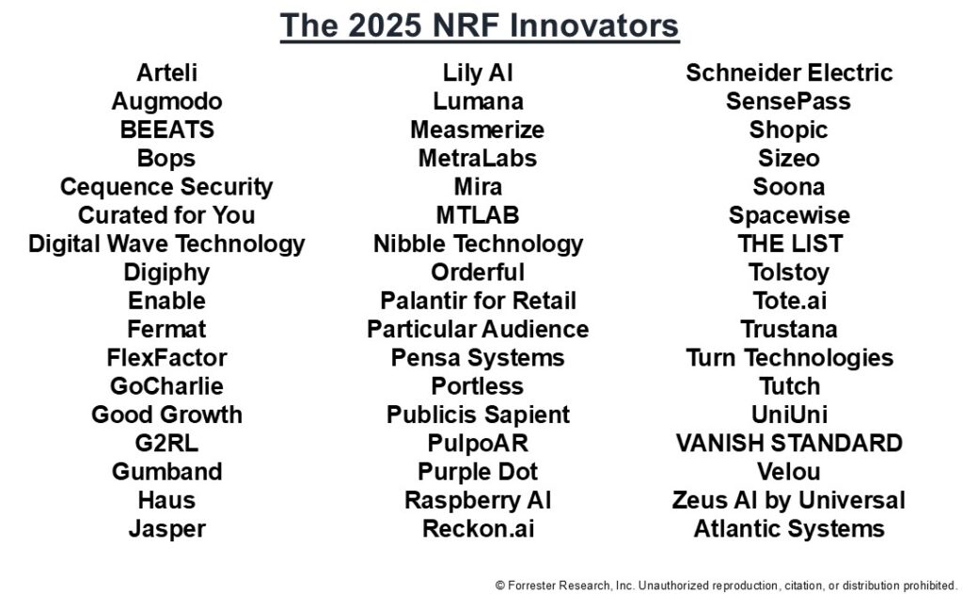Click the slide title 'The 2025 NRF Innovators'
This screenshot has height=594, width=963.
click(480, 25)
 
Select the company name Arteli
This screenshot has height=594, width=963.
click(166, 73)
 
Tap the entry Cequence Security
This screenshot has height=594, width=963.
click(166, 187)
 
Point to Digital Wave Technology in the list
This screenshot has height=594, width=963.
click(166, 244)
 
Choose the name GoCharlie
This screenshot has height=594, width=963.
click(166, 386)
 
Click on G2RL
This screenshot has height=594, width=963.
click(166, 444)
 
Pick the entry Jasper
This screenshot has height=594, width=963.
click(166, 529)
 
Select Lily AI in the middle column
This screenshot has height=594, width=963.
click(478, 73)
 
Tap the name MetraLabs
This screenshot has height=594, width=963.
click(478, 159)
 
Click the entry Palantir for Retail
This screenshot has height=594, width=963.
click(478, 301)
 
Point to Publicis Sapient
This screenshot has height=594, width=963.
click(478, 414)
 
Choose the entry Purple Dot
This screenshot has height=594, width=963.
click(478, 472)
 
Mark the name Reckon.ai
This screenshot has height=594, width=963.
click(478, 529)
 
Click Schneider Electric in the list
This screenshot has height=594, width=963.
click(789, 73)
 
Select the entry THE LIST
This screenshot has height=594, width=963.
click(789, 244)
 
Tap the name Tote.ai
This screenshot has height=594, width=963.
click(789, 301)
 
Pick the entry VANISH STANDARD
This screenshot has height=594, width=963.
click(789, 444)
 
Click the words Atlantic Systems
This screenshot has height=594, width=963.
click(789, 529)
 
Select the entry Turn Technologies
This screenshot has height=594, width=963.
click(789, 358)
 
